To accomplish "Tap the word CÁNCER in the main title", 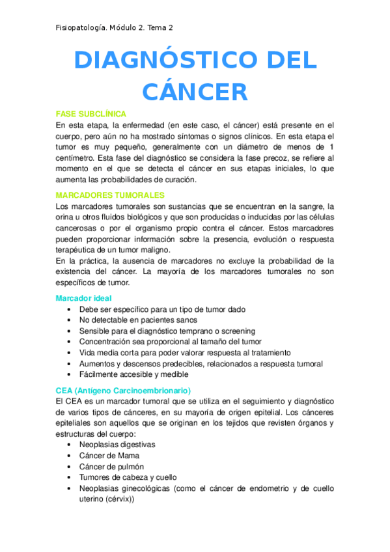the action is pyautogui.click(x=195, y=91).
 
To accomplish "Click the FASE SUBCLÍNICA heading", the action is pyautogui.click(x=91, y=113).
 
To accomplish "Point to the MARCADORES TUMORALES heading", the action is pyautogui.click(x=110, y=195).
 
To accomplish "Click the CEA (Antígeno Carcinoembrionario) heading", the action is pyautogui.click(x=123, y=391).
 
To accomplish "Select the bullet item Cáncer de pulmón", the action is pyautogui.click(x=112, y=467).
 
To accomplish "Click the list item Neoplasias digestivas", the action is pyautogui.click(x=117, y=445).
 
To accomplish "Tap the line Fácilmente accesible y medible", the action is pyautogui.click(x=133, y=374).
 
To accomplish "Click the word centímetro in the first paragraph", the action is pyautogui.click(x=77, y=158).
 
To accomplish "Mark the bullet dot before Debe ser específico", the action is pyautogui.click(x=70, y=310).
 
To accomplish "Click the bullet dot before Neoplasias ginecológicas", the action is pyautogui.click(x=70, y=488).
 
